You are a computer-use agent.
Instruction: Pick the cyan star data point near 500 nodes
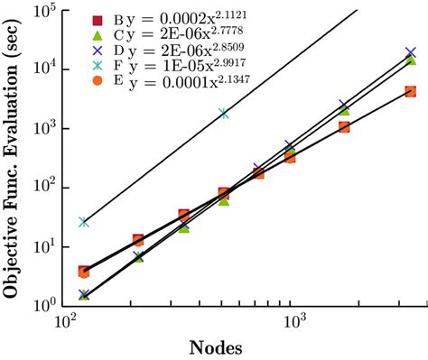[224, 114]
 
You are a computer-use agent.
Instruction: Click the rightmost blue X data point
[411, 53]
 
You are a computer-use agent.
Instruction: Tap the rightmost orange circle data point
[411, 91]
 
